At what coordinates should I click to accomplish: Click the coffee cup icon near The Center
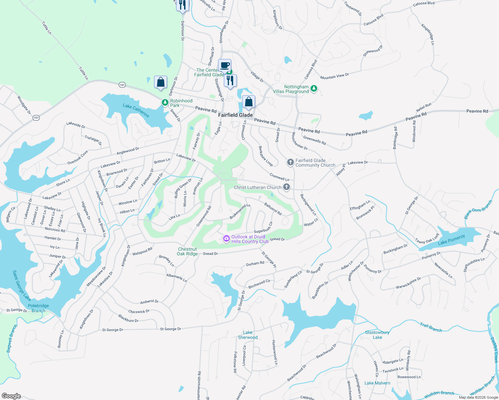pyautogui.click(x=225, y=65)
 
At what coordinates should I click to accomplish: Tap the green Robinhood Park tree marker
pyautogui.click(x=165, y=102)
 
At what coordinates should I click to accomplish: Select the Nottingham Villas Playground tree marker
pyautogui.click(x=314, y=89)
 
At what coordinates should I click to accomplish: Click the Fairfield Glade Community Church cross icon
pyautogui.click(x=290, y=162)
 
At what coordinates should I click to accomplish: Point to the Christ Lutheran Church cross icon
pyautogui.click(x=287, y=187)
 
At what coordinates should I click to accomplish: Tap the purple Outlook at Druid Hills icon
pyautogui.click(x=226, y=239)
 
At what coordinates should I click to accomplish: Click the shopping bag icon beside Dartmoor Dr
pyautogui.click(x=160, y=82)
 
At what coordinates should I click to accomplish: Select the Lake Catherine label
pyautogui.click(x=136, y=110)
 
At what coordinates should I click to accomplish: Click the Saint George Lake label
pyautogui.click(x=22, y=285)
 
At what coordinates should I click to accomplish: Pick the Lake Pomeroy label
pyautogui.click(x=451, y=240)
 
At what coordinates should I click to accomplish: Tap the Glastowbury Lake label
pyautogui.click(x=377, y=335)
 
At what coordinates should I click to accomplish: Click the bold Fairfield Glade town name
pyautogui.click(x=235, y=115)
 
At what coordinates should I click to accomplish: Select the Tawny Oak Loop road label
pyautogui.click(x=427, y=238)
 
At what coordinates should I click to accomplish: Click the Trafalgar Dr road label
pyautogui.click(x=93, y=140)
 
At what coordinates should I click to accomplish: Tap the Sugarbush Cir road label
pyautogui.click(x=264, y=228)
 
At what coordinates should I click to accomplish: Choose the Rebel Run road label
pyautogui.click(x=424, y=108)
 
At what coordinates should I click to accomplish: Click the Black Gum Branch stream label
pyautogui.click(x=478, y=209)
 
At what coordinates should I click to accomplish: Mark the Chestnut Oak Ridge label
pyautogui.click(x=187, y=251)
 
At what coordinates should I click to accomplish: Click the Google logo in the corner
pyautogui.click(x=11, y=396)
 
